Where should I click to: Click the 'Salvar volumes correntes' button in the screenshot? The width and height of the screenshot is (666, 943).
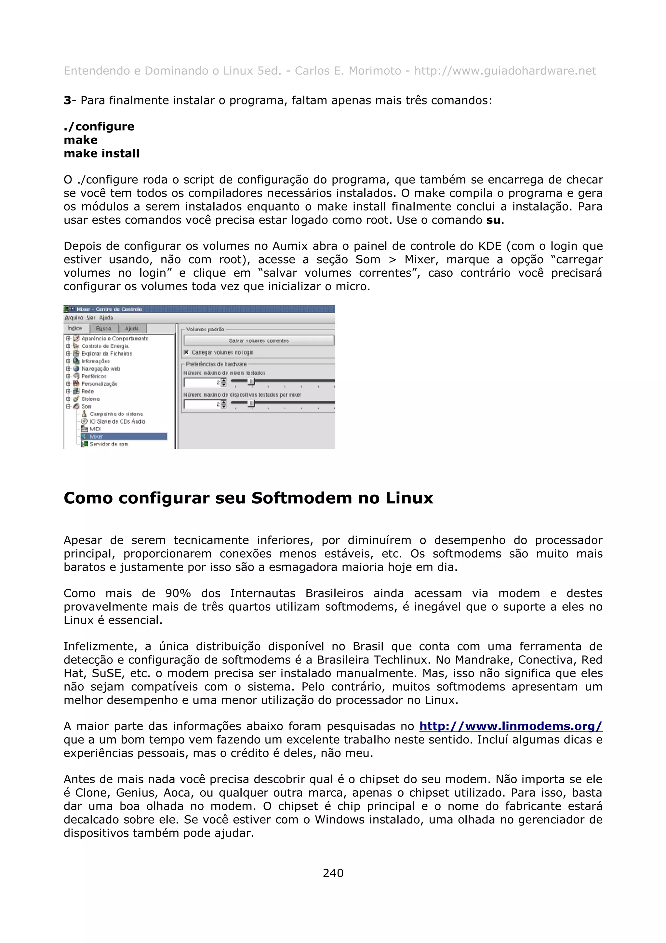[x=259, y=340]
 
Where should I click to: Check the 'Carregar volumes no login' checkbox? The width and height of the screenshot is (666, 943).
[x=186, y=352]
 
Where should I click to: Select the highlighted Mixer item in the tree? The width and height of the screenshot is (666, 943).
[x=97, y=436]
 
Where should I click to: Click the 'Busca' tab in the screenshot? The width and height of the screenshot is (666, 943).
[x=103, y=328]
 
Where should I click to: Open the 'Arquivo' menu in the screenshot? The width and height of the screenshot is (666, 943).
[x=74, y=318]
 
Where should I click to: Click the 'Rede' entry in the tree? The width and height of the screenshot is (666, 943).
[x=87, y=391]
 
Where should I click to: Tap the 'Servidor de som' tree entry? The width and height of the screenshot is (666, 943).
[x=109, y=444]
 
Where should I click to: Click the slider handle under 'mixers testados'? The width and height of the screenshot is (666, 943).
[x=252, y=382]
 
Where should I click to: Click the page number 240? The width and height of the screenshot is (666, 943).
[x=333, y=873]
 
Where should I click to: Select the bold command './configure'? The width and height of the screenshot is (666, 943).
[x=99, y=127]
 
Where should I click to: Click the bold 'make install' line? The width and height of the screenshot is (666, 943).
[x=101, y=154]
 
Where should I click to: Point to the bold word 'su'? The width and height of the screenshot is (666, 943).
[x=493, y=220]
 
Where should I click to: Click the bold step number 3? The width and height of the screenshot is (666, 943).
[x=67, y=101]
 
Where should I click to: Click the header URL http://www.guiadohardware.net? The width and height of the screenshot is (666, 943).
[x=505, y=71]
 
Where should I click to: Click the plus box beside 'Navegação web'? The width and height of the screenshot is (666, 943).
[x=69, y=368]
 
